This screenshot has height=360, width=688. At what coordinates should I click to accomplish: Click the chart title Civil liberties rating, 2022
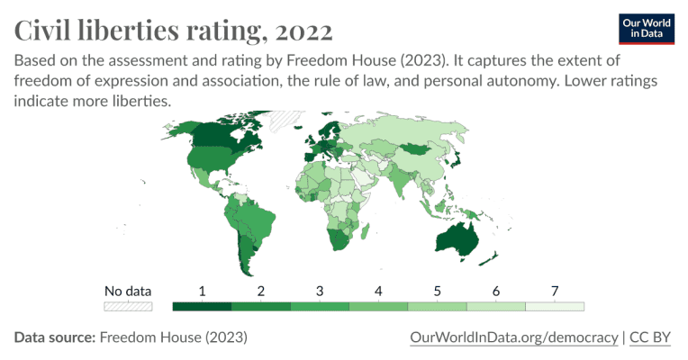(174, 31)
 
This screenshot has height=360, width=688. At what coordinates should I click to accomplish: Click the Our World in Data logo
(647, 28)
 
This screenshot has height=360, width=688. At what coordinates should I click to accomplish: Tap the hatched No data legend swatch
(128, 306)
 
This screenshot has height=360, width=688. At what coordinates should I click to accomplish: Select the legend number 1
(202, 291)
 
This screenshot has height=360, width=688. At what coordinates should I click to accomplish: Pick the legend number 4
(378, 291)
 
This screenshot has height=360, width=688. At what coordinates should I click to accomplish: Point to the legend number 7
(555, 291)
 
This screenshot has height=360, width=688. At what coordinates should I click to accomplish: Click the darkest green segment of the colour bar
(202, 306)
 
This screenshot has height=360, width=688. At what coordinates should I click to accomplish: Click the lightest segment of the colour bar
(555, 306)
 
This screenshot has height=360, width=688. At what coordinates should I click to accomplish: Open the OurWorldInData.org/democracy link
(513, 337)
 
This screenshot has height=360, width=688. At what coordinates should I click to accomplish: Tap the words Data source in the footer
(54, 337)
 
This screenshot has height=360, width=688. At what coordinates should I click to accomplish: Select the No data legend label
(128, 291)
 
